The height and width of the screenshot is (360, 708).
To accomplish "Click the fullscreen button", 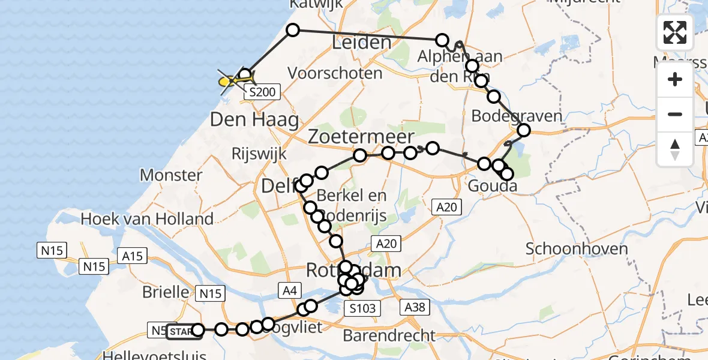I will tap(675, 32).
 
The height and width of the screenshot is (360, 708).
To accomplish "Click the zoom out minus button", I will tap(675, 114).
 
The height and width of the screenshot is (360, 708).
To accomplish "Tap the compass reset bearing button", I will tap(675, 149).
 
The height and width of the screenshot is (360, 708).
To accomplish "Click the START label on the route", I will tap(181, 331).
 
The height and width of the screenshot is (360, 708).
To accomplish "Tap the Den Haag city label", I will tap(254, 120).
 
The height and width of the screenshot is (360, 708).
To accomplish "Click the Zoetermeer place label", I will tap(361, 136).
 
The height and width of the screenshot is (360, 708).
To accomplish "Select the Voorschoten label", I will tap(335, 73).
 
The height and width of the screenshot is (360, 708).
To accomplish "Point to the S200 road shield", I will tap(262, 92).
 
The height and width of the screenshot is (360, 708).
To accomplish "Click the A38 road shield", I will tap(415, 308).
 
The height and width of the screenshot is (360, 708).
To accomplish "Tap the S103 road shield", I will tap(364, 309).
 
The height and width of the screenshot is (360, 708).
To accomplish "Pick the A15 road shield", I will tap(132, 256).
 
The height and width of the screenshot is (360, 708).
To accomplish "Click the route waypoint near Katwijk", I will tap(292, 30).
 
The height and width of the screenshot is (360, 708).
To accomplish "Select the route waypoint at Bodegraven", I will tap(524, 130).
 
